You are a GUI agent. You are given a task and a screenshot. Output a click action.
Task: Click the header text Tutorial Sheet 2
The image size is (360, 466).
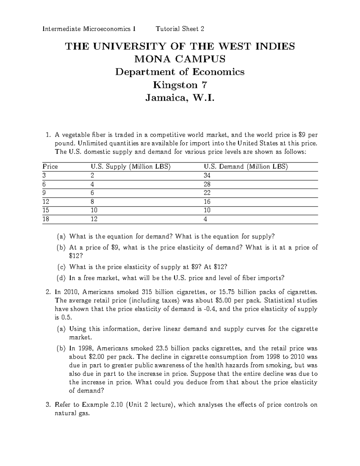pos(180,29)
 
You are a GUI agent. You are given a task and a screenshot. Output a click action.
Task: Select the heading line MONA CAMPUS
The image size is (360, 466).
pos(180,59)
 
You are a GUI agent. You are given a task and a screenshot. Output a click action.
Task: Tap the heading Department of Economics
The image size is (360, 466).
pos(180,72)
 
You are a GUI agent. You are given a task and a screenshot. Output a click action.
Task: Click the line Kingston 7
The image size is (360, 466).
pos(180,85)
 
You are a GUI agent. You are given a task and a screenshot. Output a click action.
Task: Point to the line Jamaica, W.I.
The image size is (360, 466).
pos(180,98)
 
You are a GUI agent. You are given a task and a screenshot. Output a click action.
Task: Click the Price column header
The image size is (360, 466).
pos(50,167)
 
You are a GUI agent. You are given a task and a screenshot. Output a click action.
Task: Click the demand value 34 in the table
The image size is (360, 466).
pos(207,176)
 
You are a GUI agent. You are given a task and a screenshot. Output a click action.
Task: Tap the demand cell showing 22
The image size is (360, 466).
pos(207,193)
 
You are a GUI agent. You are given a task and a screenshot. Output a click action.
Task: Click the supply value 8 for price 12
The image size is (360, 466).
pos(92,202)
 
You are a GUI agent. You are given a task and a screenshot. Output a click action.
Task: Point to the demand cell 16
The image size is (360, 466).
pos(207,202)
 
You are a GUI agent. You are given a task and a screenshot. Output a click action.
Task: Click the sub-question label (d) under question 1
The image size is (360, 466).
pos(61,278)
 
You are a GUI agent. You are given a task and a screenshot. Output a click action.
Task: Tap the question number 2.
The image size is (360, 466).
pos(48,292)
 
